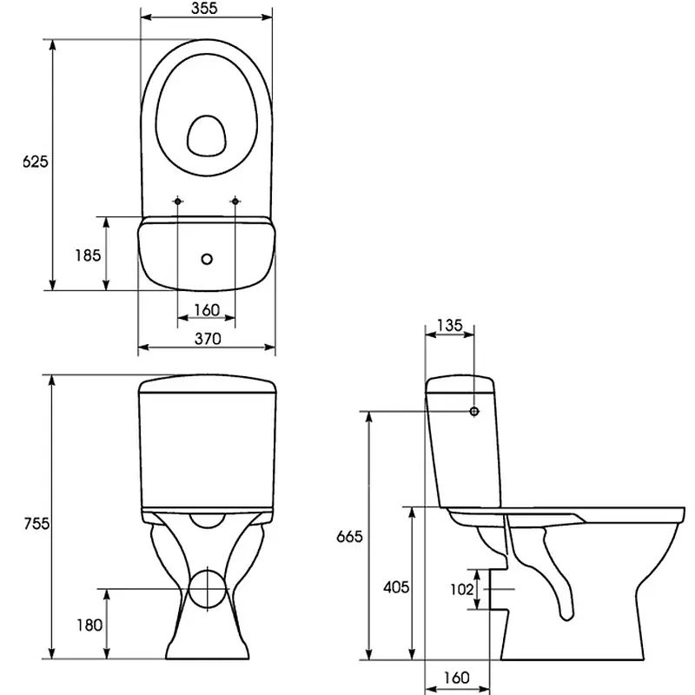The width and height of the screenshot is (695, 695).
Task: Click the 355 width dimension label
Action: coord(204,8)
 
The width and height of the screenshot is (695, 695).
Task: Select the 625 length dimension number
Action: coord(35,162)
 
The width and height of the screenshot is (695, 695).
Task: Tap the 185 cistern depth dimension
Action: coord(88,255)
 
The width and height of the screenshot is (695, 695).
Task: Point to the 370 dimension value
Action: coord(208,339)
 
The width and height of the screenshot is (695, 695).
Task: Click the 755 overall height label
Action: coord(36,524)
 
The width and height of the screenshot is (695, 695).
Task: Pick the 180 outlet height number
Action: coord(89,625)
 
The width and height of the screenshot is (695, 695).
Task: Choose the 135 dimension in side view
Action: coord(449,325)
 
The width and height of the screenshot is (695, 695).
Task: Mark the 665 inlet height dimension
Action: coord(349,537)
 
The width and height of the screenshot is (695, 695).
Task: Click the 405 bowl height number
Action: coord(396,588)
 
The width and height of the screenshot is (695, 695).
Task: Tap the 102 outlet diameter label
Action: coord(462,590)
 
